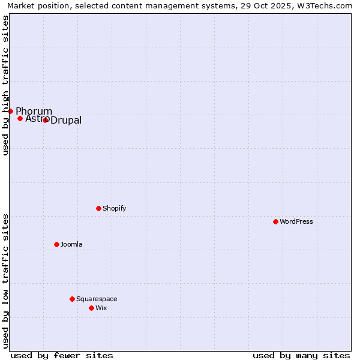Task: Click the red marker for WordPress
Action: tap(275, 221)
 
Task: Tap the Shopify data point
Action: tap(98, 208)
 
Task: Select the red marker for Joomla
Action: tap(56, 244)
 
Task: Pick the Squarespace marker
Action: tap(72, 299)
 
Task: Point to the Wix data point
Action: tap(91, 308)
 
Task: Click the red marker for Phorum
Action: tap(10, 111)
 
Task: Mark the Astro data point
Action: tap(20, 118)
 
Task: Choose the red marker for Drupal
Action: tap(45, 120)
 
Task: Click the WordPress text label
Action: tap(296, 221)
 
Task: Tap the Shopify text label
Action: tap(114, 208)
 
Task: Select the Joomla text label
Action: tap(71, 244)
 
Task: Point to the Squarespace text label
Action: tap(97, 299)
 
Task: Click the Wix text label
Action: tap(101, 308)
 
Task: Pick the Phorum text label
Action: tap(34, 111)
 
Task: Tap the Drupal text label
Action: tap(66, 121)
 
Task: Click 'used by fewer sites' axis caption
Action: tap(62, 355)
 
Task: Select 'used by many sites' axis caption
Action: tap(301, 355)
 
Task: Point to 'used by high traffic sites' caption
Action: tap(5, 85)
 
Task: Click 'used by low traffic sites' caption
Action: tap(5, 280)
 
